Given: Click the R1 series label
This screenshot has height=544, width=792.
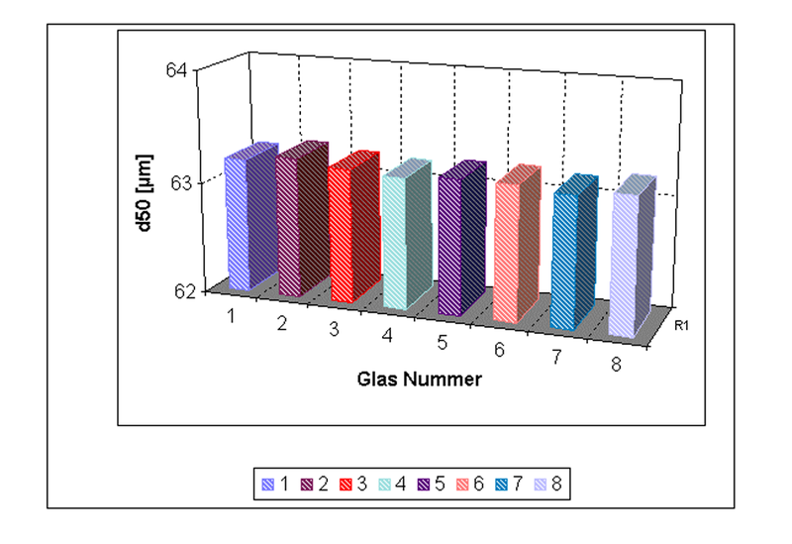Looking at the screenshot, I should [682, 325].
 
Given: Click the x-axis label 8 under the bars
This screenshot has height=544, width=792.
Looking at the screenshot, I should [616, 366].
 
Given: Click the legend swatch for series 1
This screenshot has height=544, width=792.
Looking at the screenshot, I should [267, 485].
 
